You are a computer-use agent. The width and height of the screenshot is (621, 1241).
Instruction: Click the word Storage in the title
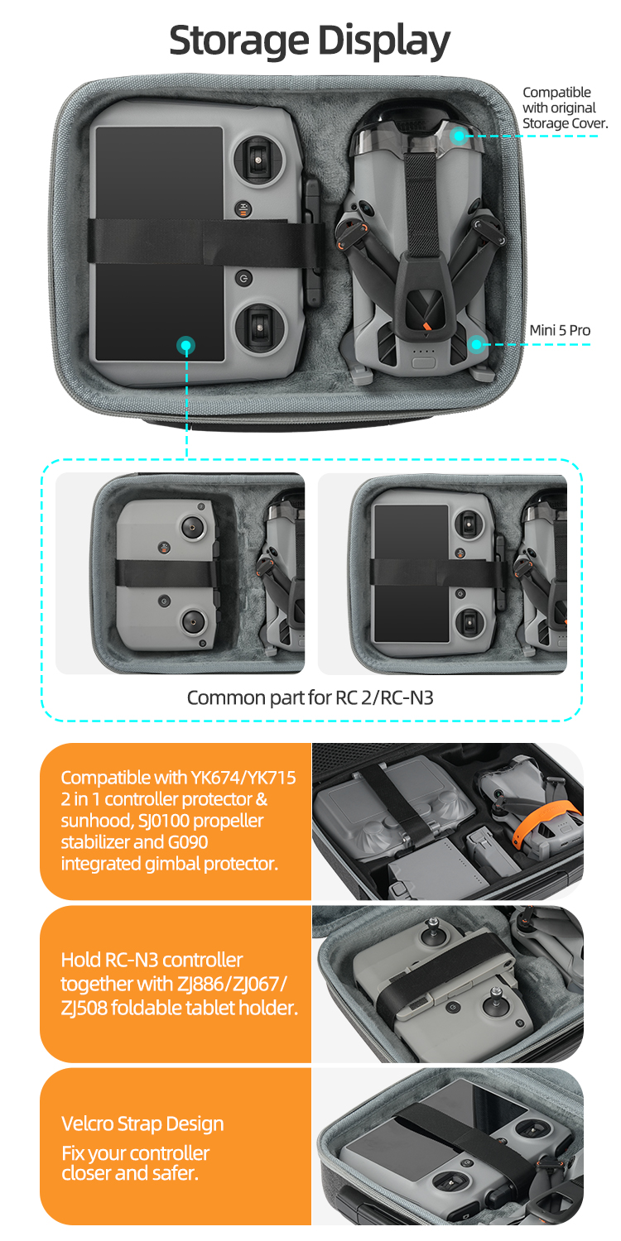tap(239, 41)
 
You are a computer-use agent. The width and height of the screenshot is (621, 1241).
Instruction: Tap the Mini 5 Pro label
tap(560, 330)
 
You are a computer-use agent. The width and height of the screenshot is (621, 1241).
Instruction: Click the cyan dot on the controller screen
tap(185, 346)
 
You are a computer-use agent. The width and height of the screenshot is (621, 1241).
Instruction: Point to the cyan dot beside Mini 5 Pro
tap(476, 344)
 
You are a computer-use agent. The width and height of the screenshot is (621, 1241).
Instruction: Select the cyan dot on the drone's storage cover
tap(459, 136)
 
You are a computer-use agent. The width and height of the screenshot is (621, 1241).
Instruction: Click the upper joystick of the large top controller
tap(258, 161)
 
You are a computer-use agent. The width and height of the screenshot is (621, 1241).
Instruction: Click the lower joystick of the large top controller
tap(259, 328)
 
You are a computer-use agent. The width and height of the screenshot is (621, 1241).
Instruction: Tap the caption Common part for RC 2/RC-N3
tap(310, 697)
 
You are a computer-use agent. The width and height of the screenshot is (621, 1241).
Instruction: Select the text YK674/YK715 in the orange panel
tap(244, 778)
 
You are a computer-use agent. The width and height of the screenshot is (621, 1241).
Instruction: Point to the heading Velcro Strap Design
tap(142, 1124)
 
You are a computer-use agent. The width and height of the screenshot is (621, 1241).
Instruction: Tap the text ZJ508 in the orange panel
tap(84, 1008)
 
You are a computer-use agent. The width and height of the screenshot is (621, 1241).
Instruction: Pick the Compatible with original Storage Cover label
tap(565, 108)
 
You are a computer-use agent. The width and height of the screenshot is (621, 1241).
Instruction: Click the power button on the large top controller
tap(243, 277)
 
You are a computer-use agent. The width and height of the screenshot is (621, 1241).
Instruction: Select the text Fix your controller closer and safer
tap(135, 1163)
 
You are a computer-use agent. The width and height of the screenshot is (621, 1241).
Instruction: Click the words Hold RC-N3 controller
tap(152, 960)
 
